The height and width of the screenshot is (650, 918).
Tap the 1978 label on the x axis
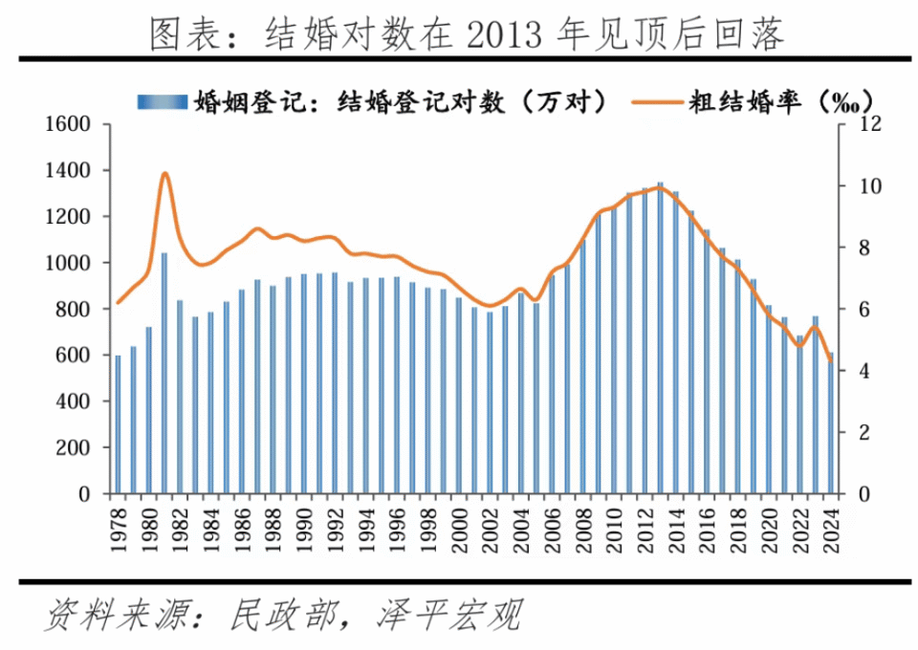[x=119, y=527]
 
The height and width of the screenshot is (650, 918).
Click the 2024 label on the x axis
[x=830, y=527]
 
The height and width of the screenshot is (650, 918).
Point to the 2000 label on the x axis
[x=459, y=527]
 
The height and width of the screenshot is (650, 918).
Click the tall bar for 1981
[x=164, y=373]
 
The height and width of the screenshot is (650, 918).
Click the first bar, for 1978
[x=119, y=425]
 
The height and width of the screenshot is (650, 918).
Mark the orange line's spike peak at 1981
[x=164, y=173]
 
